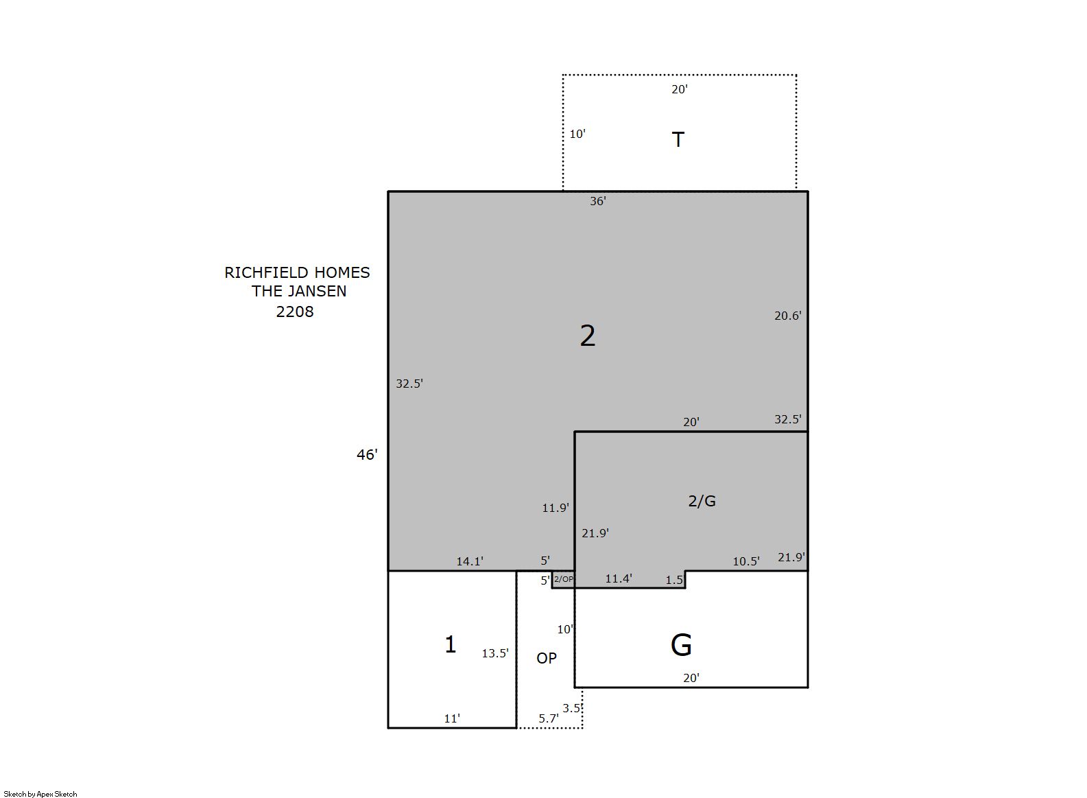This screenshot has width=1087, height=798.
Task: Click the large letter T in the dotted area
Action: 678,139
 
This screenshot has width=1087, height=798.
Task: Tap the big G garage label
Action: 681,645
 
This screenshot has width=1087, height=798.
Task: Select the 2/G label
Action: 702,501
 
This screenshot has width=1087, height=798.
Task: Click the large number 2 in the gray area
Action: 588,336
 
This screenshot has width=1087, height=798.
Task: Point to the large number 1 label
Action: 451,644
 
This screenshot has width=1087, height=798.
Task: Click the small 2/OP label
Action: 564,579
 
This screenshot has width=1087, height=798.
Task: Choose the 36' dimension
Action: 598,201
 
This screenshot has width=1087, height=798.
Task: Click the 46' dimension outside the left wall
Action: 367,454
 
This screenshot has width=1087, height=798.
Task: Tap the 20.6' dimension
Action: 787,316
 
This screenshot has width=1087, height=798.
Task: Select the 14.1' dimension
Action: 470,561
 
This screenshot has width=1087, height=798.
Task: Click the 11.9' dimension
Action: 556,508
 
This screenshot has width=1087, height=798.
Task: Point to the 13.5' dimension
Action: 495,653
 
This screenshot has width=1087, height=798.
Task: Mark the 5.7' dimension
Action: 549,718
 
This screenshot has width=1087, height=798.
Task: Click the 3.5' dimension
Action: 572,708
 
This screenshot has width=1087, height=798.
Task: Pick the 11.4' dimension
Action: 619,578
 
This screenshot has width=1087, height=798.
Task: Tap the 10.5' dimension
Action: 746,561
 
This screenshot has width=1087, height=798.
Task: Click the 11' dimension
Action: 452,718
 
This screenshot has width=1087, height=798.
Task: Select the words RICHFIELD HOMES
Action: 297,273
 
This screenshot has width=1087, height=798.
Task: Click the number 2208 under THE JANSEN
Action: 295,312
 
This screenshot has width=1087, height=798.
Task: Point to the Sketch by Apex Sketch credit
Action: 40,794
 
